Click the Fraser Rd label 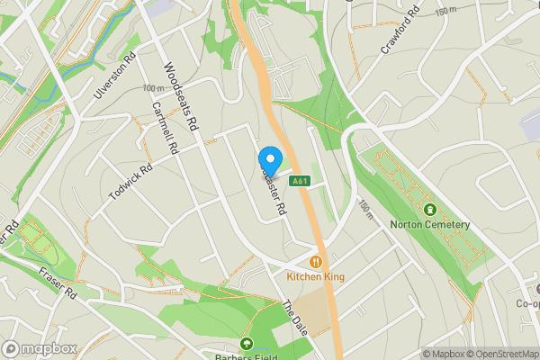coord(66,284)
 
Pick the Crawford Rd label coord(400,31)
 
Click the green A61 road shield coord(301,181)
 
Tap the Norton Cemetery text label coord(429,225)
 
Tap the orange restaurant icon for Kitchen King coord(316,262)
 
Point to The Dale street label coord(296,318)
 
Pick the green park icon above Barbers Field coord(247,343)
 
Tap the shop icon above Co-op coord(536,289)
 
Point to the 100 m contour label coord(155,88)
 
